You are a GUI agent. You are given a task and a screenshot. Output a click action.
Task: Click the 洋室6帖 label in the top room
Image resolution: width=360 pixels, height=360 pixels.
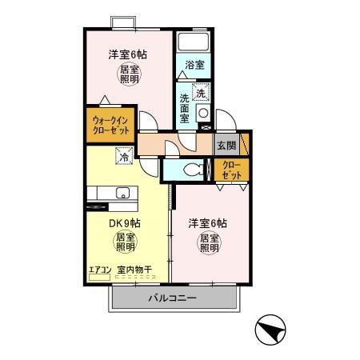point(128,55)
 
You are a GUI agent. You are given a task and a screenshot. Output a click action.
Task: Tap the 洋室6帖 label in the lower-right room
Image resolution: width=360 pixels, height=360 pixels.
point(208,222)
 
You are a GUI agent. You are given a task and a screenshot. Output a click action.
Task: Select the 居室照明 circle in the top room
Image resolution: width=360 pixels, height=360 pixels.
point(128,75)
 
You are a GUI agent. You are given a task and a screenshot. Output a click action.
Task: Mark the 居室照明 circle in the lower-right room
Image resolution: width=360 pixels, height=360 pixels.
point(210,243)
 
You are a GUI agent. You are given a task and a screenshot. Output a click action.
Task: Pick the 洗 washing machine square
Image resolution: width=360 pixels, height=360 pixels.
point(201,92)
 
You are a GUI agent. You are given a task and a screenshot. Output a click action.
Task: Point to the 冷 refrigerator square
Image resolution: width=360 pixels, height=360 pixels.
point(124,158)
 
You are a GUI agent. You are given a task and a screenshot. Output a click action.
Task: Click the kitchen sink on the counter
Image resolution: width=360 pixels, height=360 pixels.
point(123,193)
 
